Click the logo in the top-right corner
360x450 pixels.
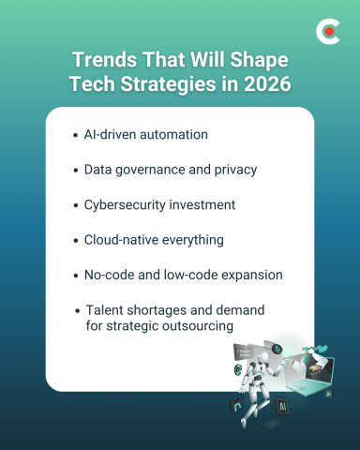[327, 32]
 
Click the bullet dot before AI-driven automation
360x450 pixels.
[75, 135]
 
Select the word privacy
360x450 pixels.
[233, 170]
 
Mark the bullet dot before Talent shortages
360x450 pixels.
[75, 310]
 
